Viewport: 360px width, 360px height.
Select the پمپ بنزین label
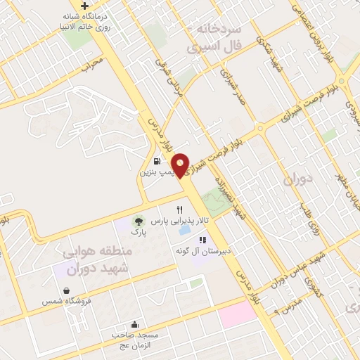(x=155, y=171)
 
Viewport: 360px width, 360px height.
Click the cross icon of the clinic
(x=84, y=6)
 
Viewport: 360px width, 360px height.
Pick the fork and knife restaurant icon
(x=179, y=210)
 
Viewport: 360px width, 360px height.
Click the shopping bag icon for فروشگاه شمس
(x=66, y=290)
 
